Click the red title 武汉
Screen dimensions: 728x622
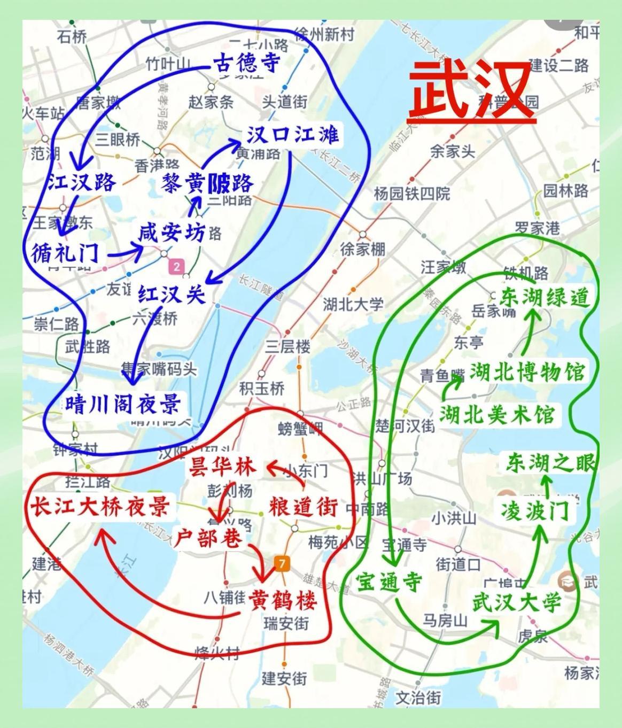pyautogui.click(x=472, y=92)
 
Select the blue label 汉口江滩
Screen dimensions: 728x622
pyautogui.click(x=292, y=135)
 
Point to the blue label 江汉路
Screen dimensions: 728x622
pyautogui.click(x=81, y=182)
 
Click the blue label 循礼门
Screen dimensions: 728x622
pyautogui.click(x=65, y=252)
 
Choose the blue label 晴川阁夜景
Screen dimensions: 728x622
pyautogui.click(x=123, y=404)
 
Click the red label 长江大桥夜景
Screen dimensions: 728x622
pyautogui.click(x=99, y=506)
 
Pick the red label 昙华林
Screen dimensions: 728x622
pyautogui.click(x=221, y=467)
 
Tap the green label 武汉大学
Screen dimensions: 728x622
pyautogui.click(x=517, y=602)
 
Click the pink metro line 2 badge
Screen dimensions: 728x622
pyautogui.click(x=176, y=266)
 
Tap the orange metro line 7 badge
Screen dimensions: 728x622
pyautogui.click(x=282, y=563)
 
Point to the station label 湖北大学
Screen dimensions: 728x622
pyautogui.click(x=353, y=305)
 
